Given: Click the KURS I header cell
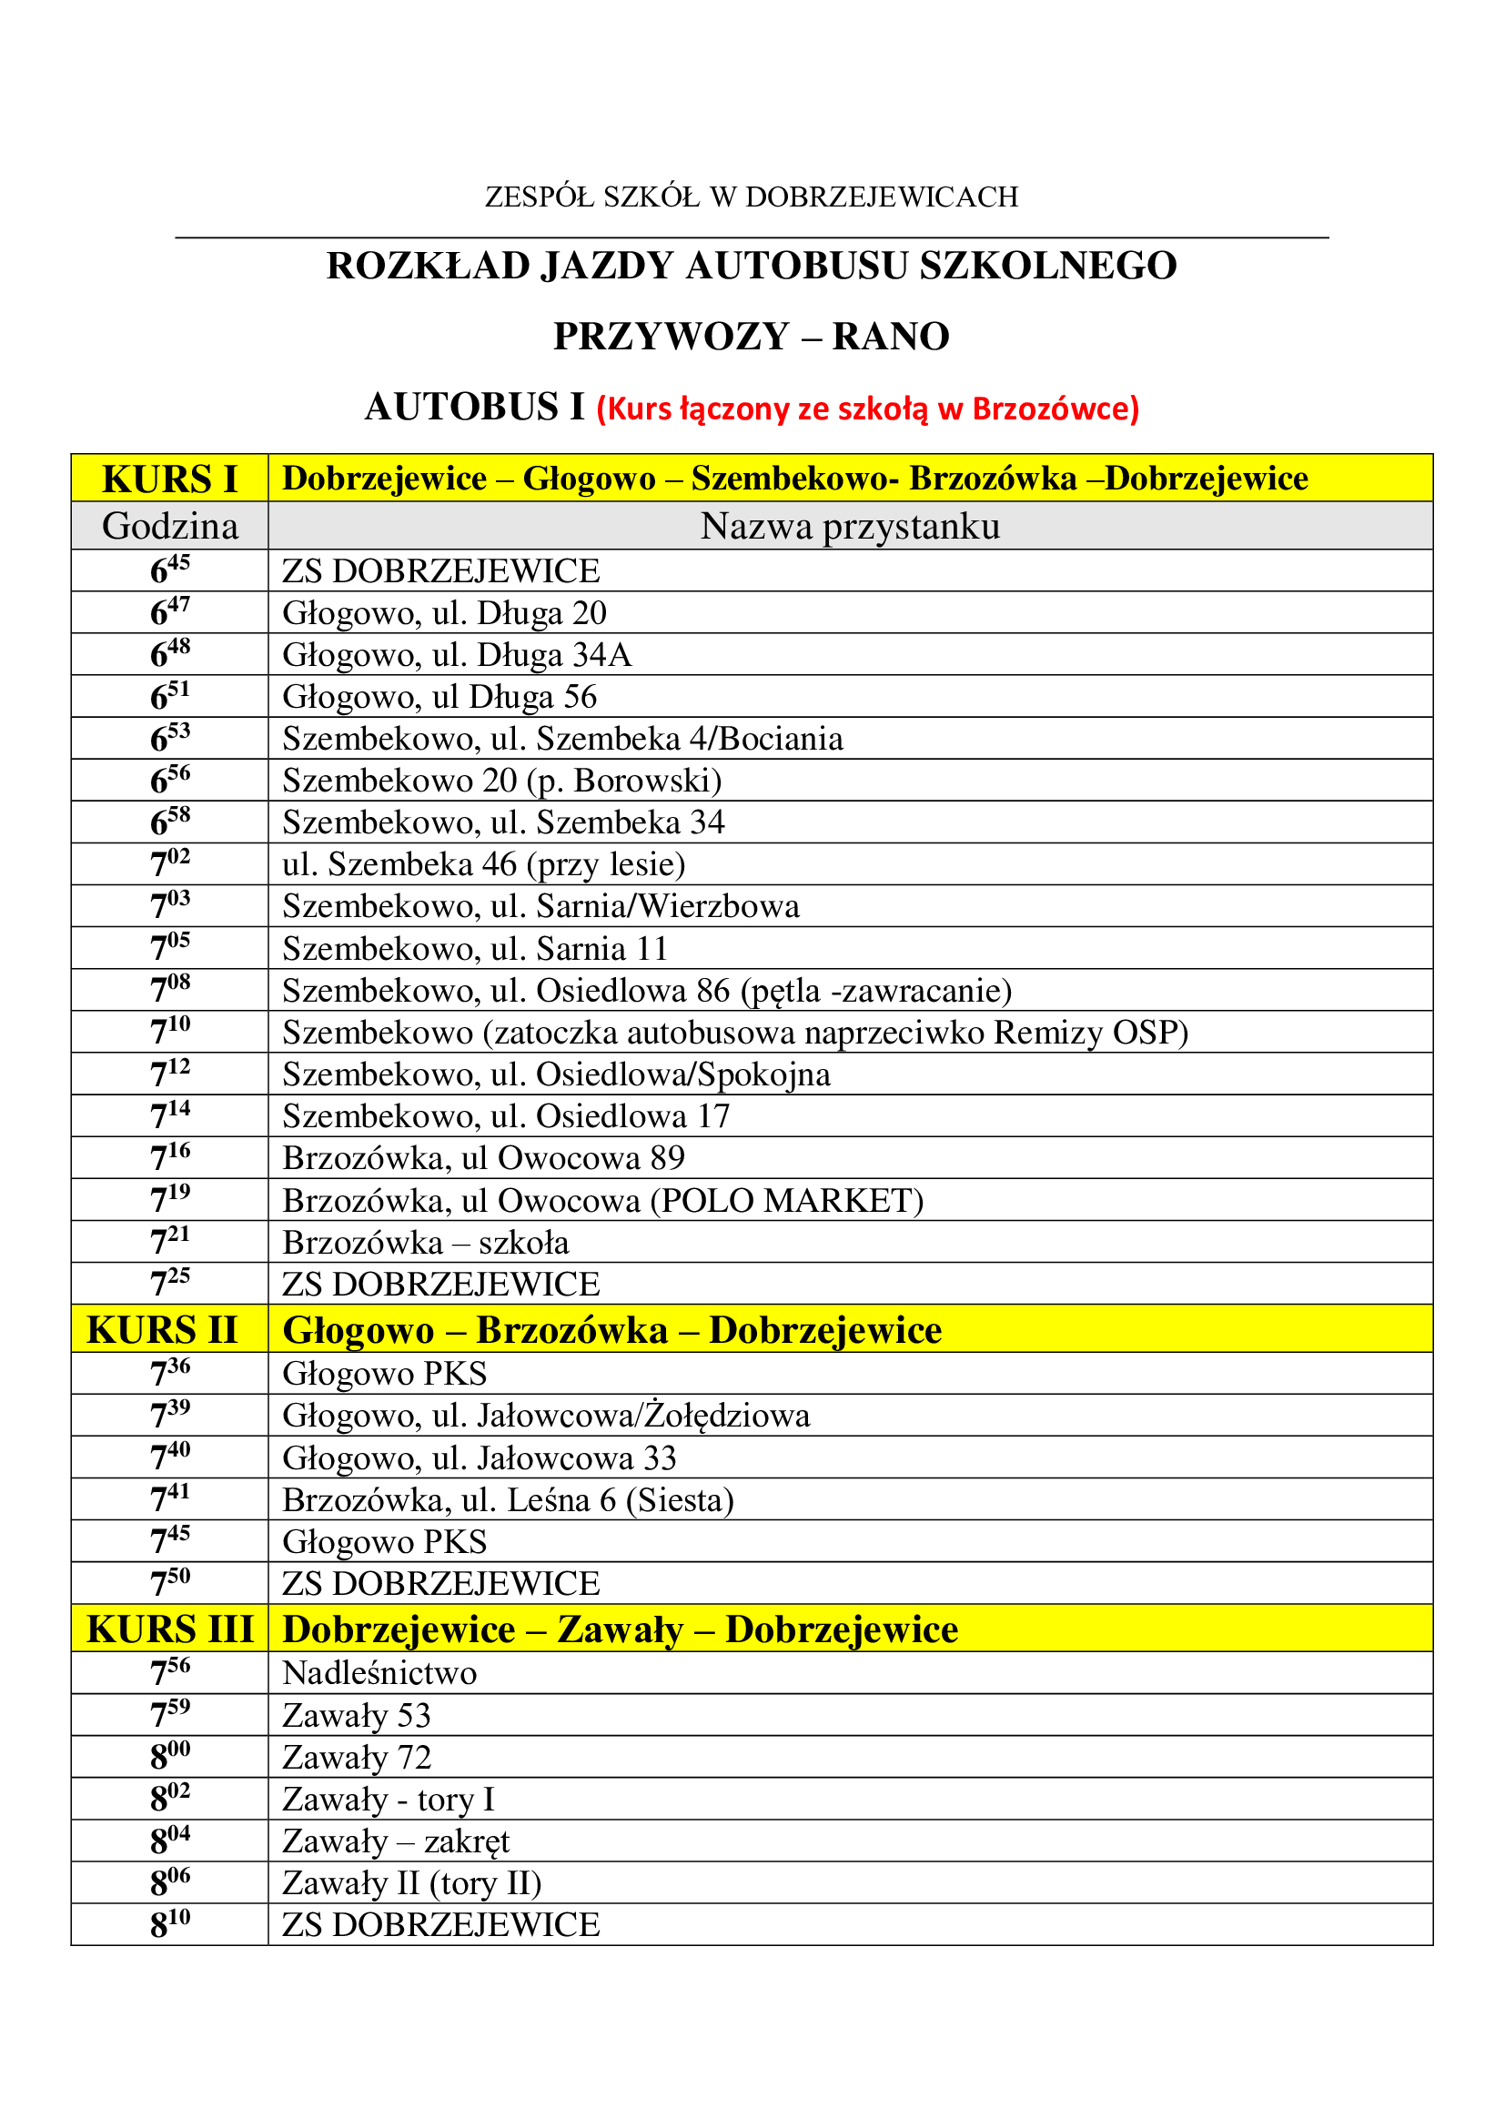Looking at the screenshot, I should [169, 479].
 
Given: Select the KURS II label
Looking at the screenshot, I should [162, 1329].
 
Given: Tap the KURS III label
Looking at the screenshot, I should [169, 1629].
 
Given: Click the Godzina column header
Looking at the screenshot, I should [169, 527].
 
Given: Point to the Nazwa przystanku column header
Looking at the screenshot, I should [850, 527].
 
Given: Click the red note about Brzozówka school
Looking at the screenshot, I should [867, 408].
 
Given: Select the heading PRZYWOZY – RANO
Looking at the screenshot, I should [752, 337].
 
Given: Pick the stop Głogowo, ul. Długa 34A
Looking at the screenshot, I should [457, 654].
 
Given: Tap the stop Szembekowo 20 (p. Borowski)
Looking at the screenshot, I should [501, 781].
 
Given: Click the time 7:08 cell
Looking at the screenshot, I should [169, 990].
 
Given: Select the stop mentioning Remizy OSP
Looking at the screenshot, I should [735, 1033].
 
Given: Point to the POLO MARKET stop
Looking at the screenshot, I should [602, 1200].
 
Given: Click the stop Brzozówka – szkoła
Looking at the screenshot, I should [425, 1242].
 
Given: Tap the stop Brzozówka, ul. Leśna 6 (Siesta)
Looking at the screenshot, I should [508, 1499].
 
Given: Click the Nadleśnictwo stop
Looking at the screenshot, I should [379, 1673].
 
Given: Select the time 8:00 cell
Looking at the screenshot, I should [169, 1756].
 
